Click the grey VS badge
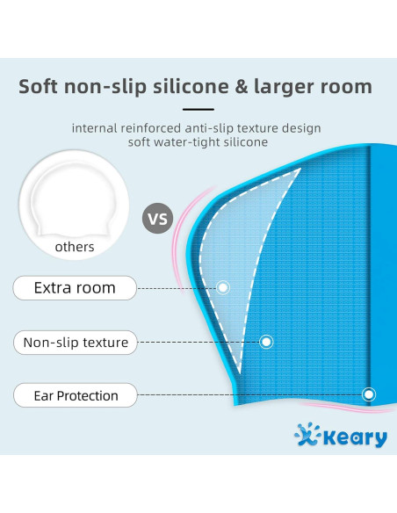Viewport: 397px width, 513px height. pos(158,218)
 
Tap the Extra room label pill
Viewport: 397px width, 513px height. pos(76,287)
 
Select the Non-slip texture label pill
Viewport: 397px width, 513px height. pos(76,343)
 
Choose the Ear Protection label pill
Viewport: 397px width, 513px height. pos(76,395)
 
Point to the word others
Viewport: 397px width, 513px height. pos(75,247)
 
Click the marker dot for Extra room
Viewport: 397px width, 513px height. pos(223,287)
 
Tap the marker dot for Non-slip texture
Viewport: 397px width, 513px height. pos(266,342)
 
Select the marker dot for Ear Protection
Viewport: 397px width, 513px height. pos(369,394)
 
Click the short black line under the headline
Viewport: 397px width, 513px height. pos(198,110)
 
